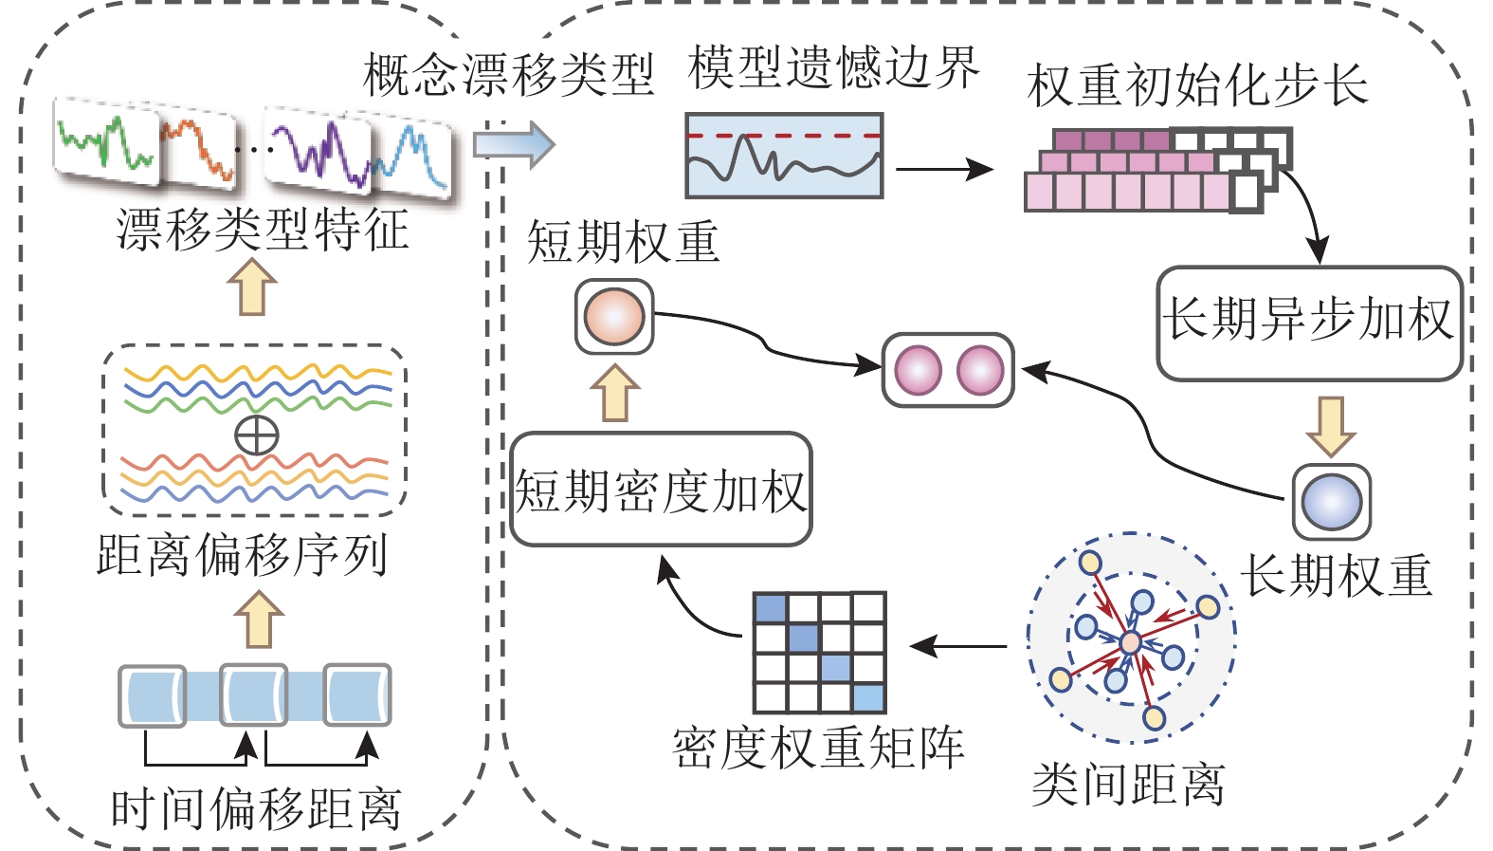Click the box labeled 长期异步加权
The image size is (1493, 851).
[x=1309, y=323]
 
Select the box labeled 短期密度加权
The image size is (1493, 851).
[x=661, y=490]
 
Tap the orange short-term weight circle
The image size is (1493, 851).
[x=614, y=317]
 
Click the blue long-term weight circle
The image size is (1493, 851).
[x=1331, y=502]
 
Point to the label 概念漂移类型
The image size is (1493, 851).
[x=509, y=75]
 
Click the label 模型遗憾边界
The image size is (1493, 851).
[x=833, y=68]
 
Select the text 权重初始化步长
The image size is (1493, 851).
[x=1197, y=85]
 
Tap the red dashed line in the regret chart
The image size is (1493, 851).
[x=784, y=136]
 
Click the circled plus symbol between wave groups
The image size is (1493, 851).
[x=256, y=436]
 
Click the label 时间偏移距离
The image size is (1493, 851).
[x=256, y=809]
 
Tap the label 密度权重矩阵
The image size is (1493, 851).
[x=818, y=749]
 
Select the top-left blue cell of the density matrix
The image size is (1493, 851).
[x=771, y=608]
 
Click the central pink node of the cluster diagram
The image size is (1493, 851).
[x=1130, y=643]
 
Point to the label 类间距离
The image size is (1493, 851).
[x=1128, y=786]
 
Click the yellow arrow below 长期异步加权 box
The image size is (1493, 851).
[x=1331, y=426]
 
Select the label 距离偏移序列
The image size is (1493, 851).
[x=243, y=555]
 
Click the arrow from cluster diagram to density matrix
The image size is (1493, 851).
[x=957, y=647]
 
